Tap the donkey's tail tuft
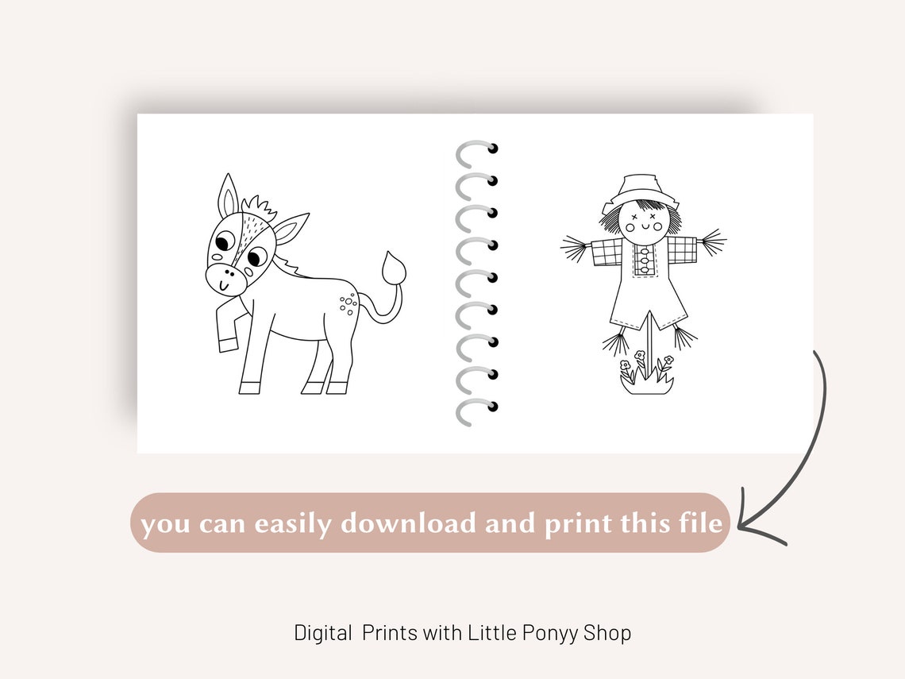[394, 268]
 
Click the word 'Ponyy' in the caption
[550, 633]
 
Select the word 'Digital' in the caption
[323, 633]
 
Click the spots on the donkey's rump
[348, 304]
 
